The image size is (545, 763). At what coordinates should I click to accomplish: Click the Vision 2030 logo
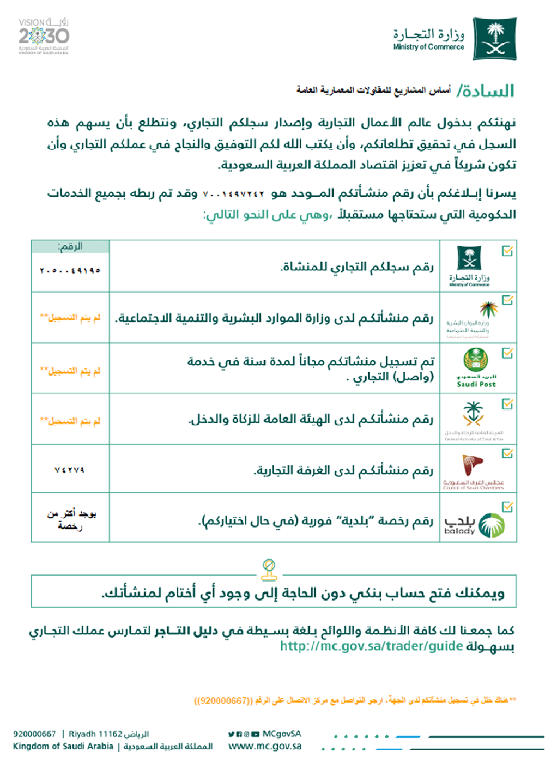(x=44, y=37)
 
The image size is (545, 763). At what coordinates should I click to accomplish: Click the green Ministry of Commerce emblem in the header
(x=495, y=38)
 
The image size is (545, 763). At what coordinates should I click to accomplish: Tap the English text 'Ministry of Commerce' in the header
(x=429, y=47)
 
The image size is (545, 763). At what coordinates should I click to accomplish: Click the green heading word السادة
(x=486, y=90)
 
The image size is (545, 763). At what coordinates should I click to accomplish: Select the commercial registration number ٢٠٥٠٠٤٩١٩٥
(x=70, y=270)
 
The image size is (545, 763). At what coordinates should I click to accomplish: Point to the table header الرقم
(x=70, y=247)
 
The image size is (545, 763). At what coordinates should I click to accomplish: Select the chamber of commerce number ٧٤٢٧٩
(x=70, y=470)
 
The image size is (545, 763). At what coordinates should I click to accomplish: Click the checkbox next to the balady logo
(x=507, y=507)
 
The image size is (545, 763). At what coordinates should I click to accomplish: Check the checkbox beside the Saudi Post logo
(x=507, y=353)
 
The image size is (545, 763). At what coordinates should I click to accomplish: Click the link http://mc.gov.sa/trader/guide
(x=372, y=646)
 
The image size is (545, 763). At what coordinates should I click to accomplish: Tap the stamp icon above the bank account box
(x=269, y=570)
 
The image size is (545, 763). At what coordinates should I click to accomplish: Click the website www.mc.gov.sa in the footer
(x=265, y=747)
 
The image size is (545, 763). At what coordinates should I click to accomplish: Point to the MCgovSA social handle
(x=282, y=734)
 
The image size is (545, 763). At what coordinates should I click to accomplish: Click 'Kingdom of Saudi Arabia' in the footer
(x=63, y=747)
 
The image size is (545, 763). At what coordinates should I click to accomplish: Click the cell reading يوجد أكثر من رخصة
(x=71, y=520)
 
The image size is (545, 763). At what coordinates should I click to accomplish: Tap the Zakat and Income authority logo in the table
(x=473, y=419)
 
